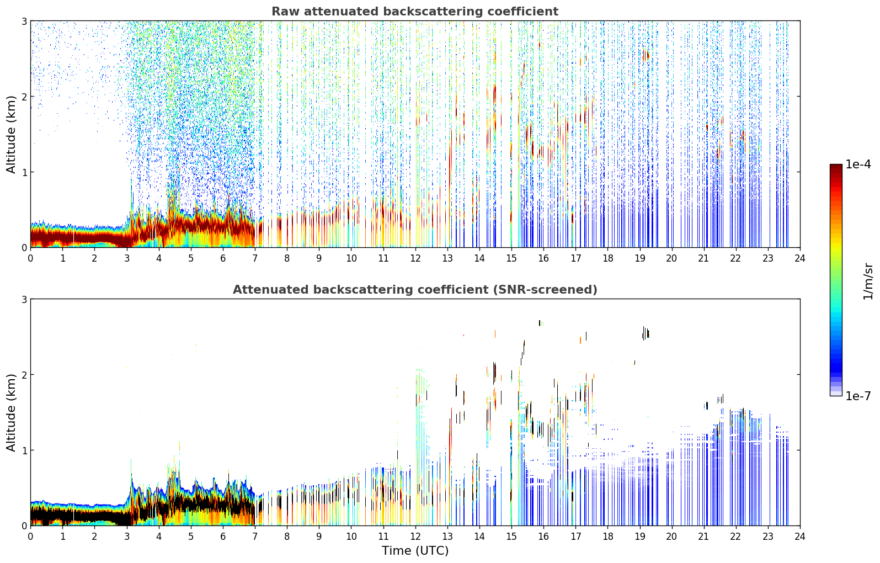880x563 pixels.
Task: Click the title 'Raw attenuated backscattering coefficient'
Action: tap(415, 12)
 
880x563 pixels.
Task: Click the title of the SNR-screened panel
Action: tap(415, 289)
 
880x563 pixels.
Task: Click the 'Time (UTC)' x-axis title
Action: tap(415, 551)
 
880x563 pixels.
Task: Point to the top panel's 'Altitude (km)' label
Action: tap(11, 135)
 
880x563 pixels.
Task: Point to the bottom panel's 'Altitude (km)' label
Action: tap(11, 412)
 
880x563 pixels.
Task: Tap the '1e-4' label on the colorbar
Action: tap(858, 164)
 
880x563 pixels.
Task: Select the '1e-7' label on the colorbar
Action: tap(858, 396)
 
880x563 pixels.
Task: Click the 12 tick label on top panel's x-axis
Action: tap(415, 258)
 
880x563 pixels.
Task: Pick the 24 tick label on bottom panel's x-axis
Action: tap(800, 537)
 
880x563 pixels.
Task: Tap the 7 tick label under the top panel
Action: tap(255, 258)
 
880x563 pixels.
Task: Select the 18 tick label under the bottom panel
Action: tap(608, 537)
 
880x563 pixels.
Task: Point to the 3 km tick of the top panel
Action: tap(24, 21)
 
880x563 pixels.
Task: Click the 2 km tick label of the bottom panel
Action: tap(24, 375)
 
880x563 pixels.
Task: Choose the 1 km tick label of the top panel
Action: tap(24, 172)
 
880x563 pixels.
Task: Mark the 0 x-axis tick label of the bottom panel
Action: tap(31, 537)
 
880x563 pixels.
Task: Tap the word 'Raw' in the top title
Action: tap(286, 12)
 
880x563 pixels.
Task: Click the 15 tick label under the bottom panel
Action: tap(511, 537)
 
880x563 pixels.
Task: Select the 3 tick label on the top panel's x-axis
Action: tap(127, 258)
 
